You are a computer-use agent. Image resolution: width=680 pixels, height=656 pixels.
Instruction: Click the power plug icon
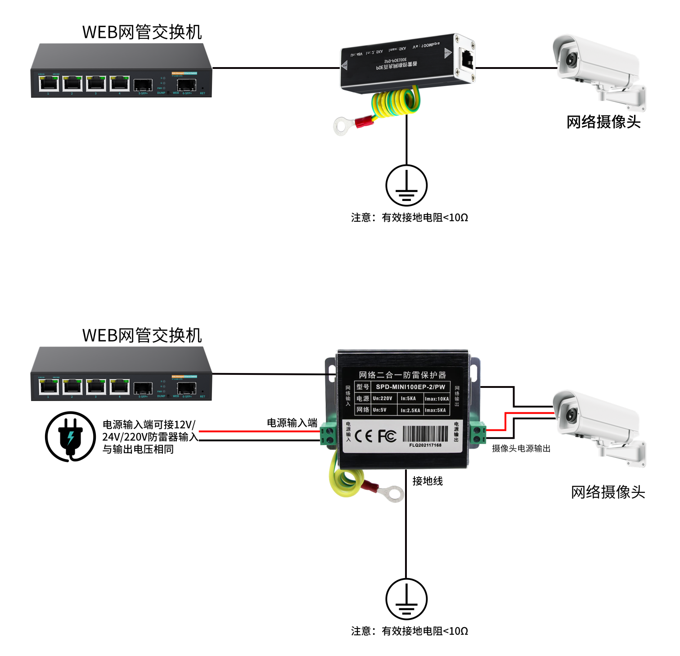tap(70, 436)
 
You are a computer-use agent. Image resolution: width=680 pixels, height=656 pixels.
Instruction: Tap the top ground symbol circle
tap(406, 185)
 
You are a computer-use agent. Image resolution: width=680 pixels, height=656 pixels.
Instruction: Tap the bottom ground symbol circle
tap(406, 599)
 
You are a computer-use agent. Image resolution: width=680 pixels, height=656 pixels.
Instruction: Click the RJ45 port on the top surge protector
tap(467, 59)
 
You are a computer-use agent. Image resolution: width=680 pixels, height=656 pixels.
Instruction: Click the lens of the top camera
tap(572, 59)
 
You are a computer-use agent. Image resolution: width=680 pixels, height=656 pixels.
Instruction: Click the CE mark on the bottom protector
tap(364, 436)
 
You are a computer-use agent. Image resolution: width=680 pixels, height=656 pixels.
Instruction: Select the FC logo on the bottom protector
tap(387, 436)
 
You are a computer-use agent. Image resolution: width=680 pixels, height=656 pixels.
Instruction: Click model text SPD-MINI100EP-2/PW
tap(410, 387)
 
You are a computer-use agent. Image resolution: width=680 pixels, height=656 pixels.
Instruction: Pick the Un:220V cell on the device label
tap(383, 398)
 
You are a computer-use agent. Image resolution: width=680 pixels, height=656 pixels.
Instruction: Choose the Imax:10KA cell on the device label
tap(437, 399)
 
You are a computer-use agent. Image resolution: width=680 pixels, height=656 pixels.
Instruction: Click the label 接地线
tap(428, 481)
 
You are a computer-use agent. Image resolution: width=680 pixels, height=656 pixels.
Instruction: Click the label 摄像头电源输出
tap(521, 448)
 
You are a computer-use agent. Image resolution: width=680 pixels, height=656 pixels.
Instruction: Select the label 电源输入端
tap(292, 423)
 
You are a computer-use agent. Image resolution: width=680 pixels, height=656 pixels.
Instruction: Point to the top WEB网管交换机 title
tap(142, 32)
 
